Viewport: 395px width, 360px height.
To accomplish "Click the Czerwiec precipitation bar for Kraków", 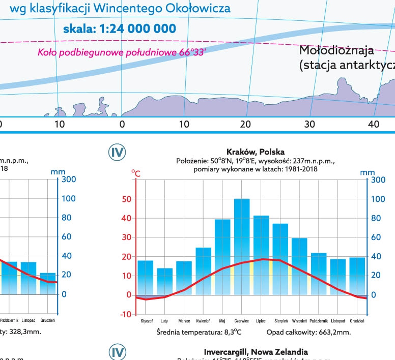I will (x=242, y=246).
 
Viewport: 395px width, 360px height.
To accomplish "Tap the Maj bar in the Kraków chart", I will (x=222, y=257).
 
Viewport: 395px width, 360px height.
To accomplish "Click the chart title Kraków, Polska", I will (x=255, y=152).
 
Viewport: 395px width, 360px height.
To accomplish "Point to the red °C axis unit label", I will (x=136, y=173).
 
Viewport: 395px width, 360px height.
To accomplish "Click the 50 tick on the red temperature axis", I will (x=126, y=199).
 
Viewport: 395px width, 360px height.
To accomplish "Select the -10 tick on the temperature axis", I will (x=125, y=314).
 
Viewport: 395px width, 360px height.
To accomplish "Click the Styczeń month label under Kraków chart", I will (x=146, y=321).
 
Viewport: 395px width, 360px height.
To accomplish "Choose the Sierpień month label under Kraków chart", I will (x=280, y=321).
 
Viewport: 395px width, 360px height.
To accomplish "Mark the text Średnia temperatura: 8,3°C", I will (x=199, y=333).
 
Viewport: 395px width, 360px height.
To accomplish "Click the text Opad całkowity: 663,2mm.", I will (x=308, y=333).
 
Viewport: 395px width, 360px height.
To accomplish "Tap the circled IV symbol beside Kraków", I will (x=118, y=152).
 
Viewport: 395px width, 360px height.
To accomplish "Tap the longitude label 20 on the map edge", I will (x=245, y=124).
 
